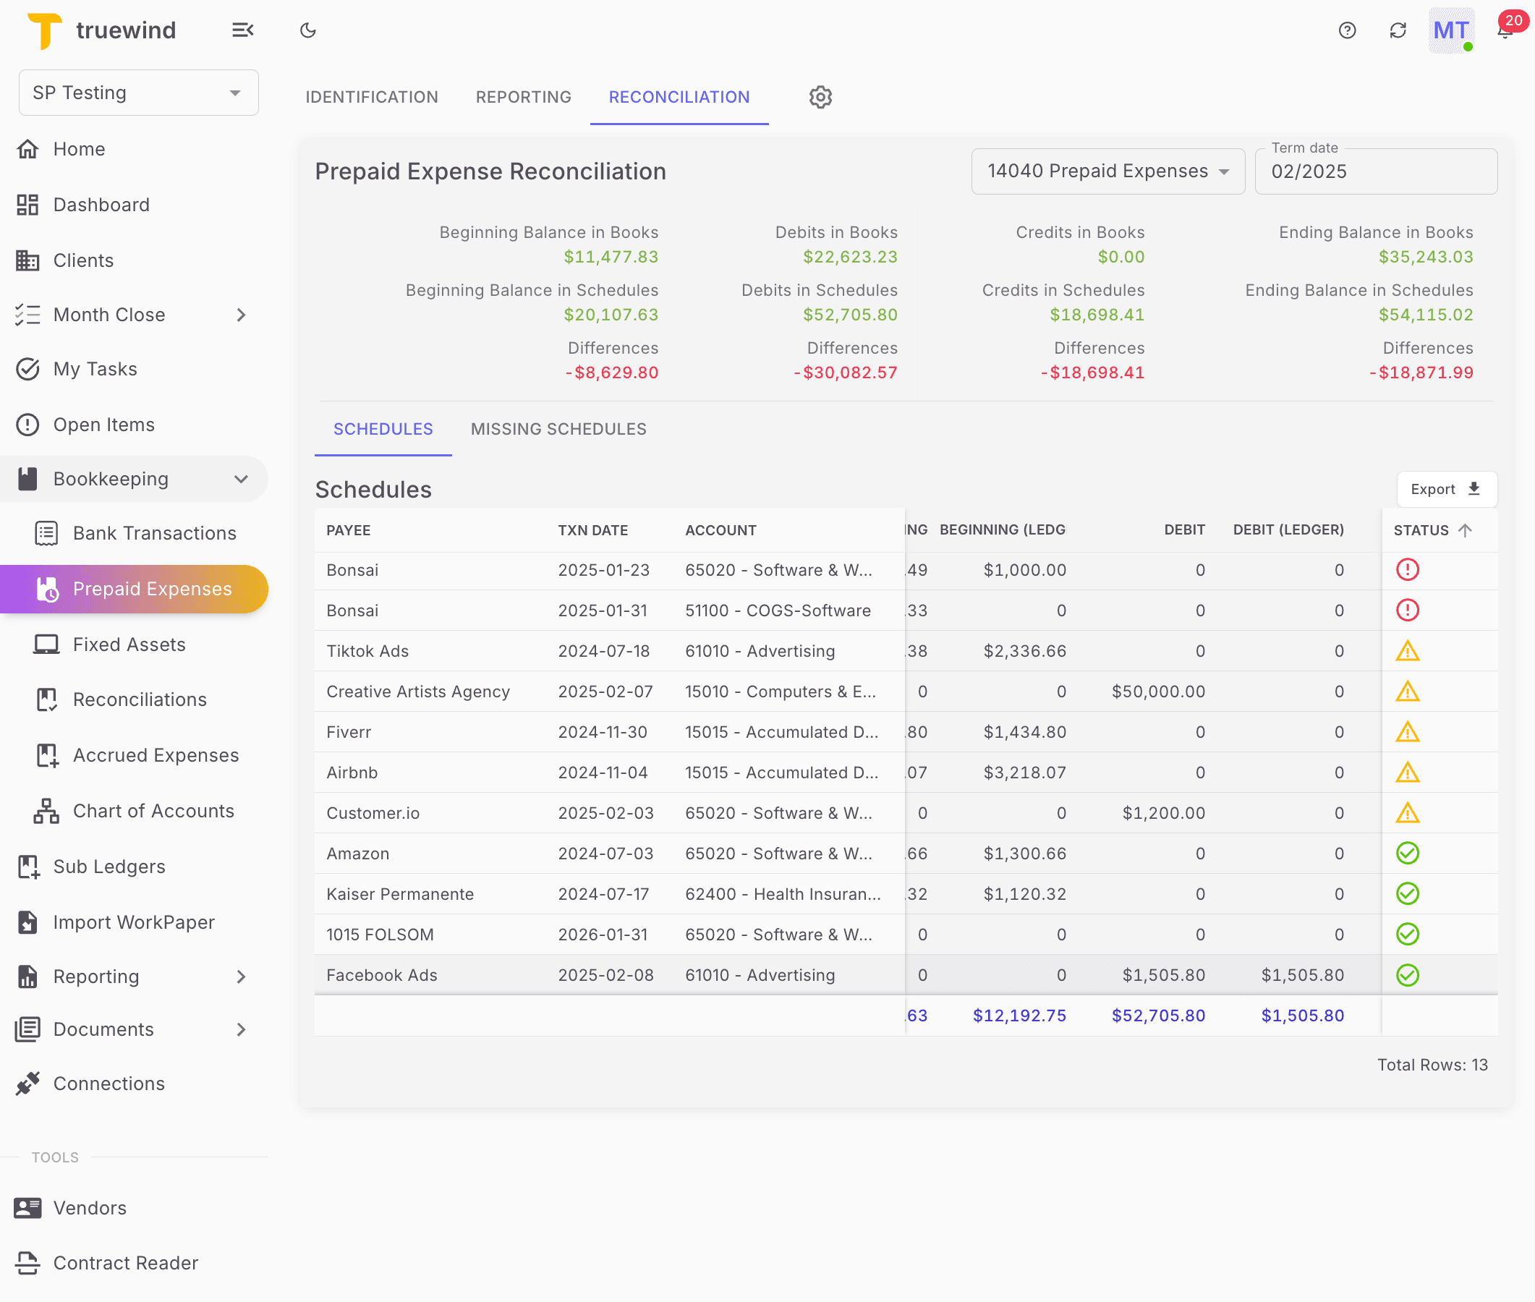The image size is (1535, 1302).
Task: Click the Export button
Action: pyautogui.click(x=1446, y=490)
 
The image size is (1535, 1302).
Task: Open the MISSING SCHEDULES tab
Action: pyautogui.click(x=558, y=429)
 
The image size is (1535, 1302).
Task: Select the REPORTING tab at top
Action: pyautogui.click(x=523, y=97)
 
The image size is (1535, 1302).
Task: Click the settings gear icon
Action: pyautogui.click(x=820, y=97)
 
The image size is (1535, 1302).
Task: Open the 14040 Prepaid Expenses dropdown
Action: pyautogui.click(x=1107, y=171)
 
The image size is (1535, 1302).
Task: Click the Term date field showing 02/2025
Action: pyautogui.click(x=1375, y=171)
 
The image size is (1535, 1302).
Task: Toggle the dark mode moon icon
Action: pyautogui.click(x=307, y=30)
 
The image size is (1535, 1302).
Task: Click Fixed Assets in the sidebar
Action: pyautogui.click(x=129, y=644)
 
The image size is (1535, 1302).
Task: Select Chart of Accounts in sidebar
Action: pyautogui.click(x=153, y=810)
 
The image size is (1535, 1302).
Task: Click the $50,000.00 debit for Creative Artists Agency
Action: pyautogui.click(x=1158, y=692)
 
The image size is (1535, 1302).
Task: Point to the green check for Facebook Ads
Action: pyautogui.click(x=1408, y=975)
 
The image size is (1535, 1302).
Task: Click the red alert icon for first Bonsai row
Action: pyautogui.click(x=1408, y=570)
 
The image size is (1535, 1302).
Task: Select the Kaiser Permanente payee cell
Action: pyautogui.click(x=400, y=894)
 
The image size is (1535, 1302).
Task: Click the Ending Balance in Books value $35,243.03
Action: pyautogui.click(x=1425, y=257)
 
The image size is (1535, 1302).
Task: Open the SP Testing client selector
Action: pyautogui.click(x=138, y=93)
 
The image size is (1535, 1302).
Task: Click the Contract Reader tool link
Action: pyautogui.click(x=125, y=1263)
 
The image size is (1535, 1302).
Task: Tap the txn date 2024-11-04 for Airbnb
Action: pyautogui.click(x=602, y=773)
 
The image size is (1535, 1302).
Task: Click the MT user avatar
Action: pyautogui.click(x=1450, y=30)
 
